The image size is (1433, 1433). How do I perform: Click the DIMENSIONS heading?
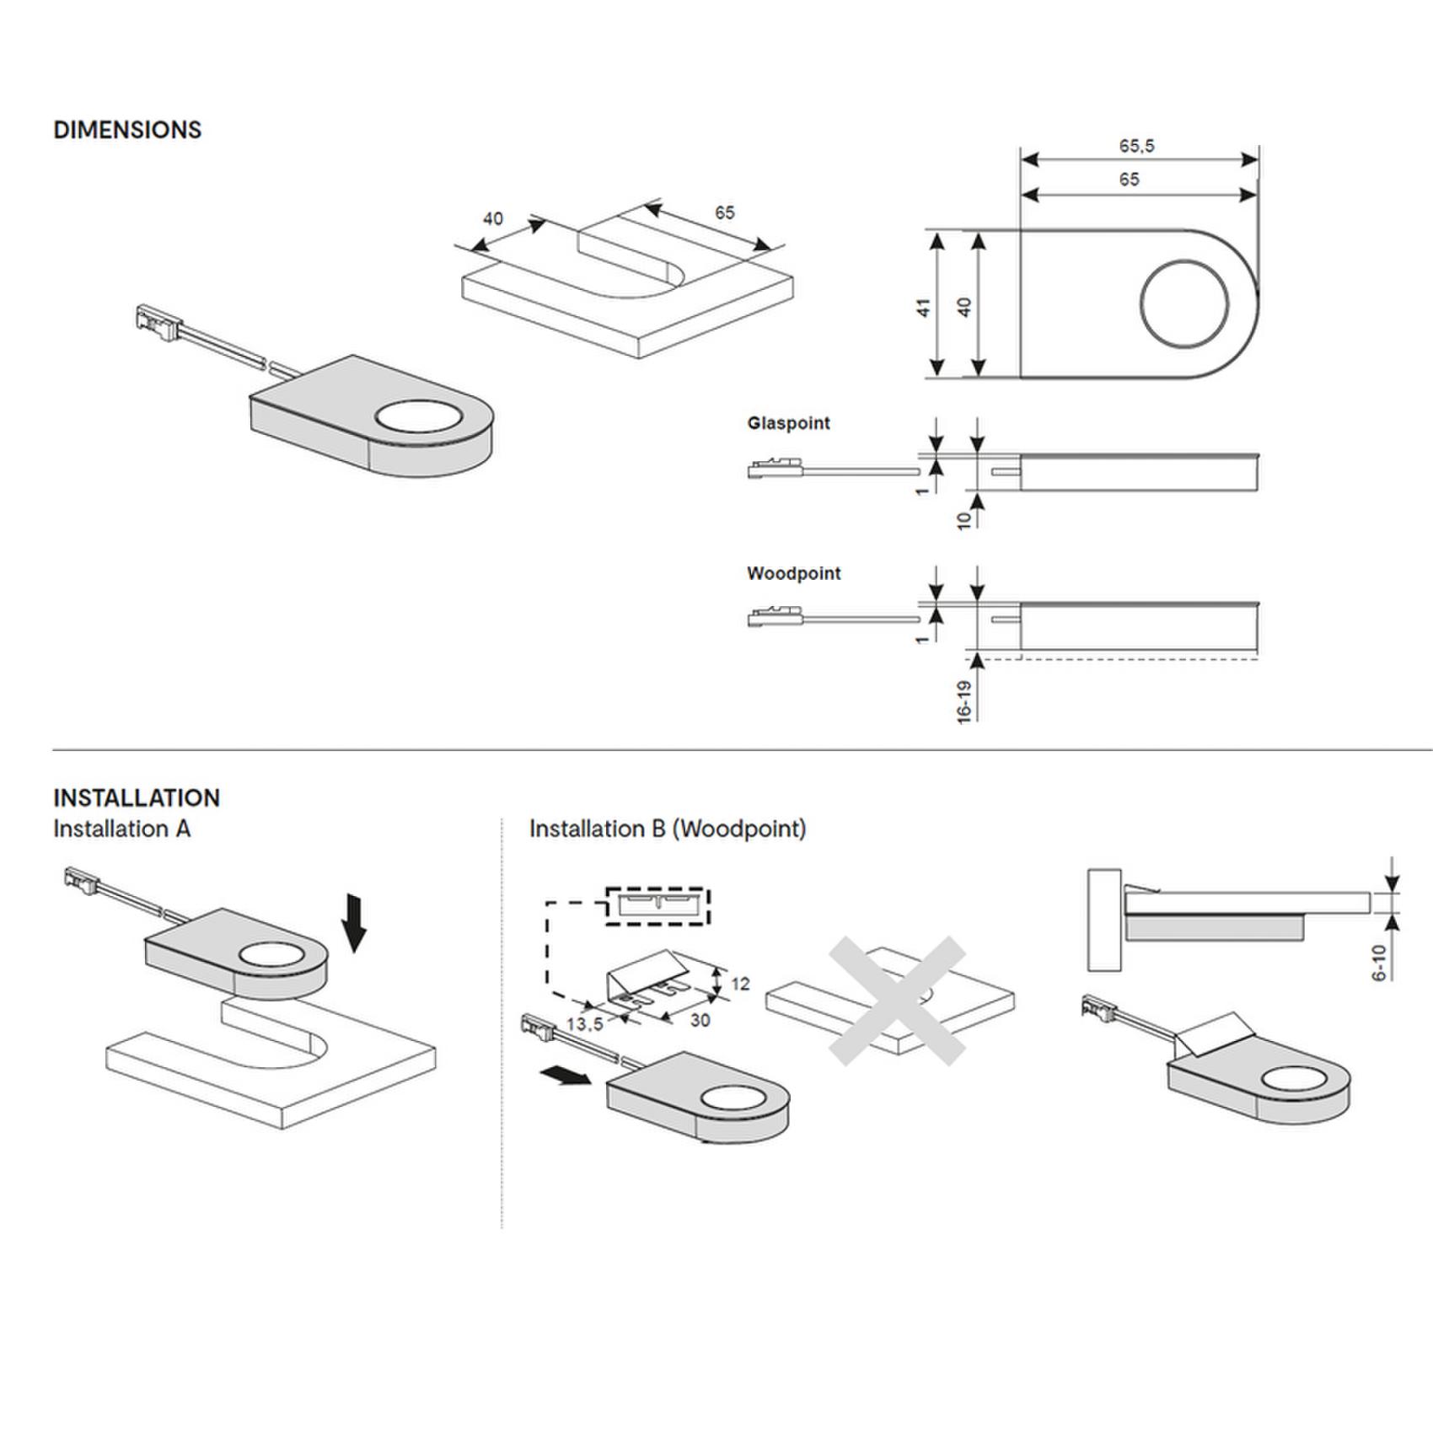click(127, 130)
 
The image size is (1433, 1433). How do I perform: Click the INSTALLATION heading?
click(137, 797)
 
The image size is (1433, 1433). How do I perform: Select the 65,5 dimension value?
click(1136, 146)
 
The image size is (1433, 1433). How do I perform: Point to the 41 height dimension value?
click(924, 307)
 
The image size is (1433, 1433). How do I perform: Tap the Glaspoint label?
click(788, 423)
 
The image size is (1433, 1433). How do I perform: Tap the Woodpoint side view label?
click(793, 574)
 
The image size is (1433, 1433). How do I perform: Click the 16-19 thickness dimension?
click(965, 701)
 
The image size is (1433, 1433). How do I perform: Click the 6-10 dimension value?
click(1379, 963)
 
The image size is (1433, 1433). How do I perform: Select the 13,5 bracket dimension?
click(584, 1024)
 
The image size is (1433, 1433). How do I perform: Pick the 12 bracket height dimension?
click(740, 984)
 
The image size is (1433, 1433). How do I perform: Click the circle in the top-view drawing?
click(1183, 304)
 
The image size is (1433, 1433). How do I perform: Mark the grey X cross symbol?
click(896, 1001)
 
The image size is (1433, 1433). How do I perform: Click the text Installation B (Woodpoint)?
click(667, 829)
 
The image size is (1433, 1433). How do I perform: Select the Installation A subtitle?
click(122, 829)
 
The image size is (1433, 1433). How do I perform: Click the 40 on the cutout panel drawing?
click(493, 219)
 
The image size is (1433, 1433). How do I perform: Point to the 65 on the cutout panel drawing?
click(725, 212)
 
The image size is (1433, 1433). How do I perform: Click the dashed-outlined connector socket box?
click(657, 905)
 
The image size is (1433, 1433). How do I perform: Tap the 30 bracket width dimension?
click(700, 1021)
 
